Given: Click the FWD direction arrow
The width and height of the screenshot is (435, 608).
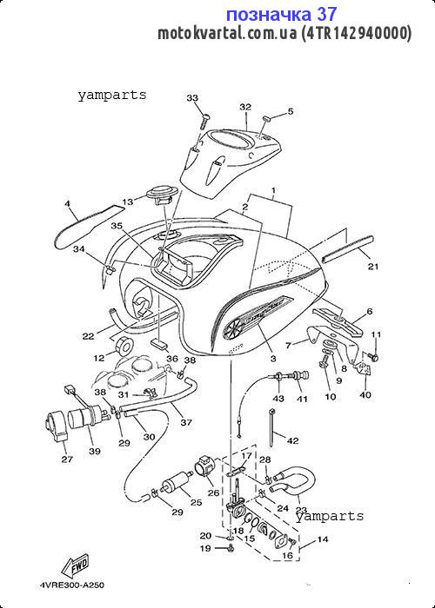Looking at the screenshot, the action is tap(76, 566).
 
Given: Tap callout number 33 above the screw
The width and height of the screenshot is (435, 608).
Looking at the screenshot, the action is tap(192, 98).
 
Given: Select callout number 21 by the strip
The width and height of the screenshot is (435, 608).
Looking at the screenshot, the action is tap(373, 267).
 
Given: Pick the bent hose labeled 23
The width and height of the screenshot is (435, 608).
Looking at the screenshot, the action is tap(295, 482).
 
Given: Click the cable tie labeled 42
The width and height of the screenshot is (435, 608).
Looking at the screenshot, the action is tap(272, 427).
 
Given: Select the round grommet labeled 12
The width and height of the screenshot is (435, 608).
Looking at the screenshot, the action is tap(124, 347).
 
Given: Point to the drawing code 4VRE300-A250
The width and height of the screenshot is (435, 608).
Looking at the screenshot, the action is tap(72, 585).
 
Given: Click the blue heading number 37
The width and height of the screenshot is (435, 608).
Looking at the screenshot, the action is tap(326, 15).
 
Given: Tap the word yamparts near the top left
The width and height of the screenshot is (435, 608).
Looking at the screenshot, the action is tap(112, 95).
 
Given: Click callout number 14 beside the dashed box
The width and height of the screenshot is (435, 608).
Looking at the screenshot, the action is tap(323, 539).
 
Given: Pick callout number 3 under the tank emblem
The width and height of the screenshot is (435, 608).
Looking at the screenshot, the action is tap(273, 359).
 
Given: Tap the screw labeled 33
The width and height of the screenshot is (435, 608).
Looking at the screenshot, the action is tap(204, 122).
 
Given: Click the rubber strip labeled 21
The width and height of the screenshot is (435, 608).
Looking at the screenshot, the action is tap(348, 249).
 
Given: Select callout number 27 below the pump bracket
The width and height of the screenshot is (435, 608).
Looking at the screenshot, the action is tap(67, 459).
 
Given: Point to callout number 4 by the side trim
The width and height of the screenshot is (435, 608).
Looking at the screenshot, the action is tap(67, 202).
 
